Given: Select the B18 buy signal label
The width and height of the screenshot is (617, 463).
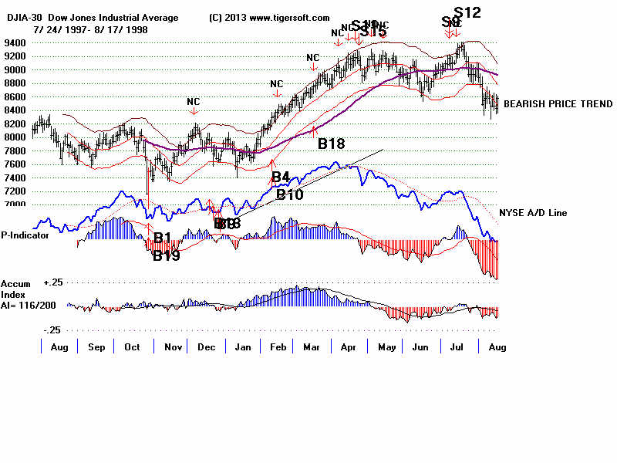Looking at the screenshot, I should tap(331, 143).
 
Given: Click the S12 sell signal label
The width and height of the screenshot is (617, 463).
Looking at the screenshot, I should tap(467, 12).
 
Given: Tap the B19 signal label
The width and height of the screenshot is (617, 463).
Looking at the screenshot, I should tap(166, 256).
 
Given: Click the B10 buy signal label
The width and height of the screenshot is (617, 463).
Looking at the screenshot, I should tap(290, 194).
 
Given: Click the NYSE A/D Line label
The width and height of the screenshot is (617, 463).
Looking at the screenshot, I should tap(533, 212).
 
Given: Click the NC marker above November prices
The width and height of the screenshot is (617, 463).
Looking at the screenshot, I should tap(193, 101).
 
